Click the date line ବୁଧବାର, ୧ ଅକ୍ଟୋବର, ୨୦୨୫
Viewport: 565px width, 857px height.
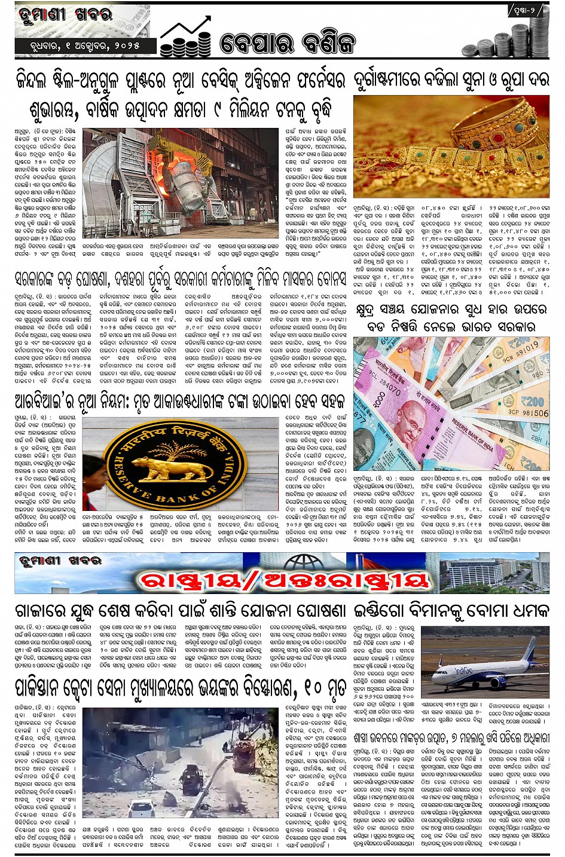tap(83, 46)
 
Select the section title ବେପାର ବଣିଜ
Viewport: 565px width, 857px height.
tap(288, 42)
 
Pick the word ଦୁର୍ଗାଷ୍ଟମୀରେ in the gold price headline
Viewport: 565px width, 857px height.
tap(389, 81)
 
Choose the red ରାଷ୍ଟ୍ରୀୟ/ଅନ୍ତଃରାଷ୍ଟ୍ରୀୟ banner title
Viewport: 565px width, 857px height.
tap(283, 580)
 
